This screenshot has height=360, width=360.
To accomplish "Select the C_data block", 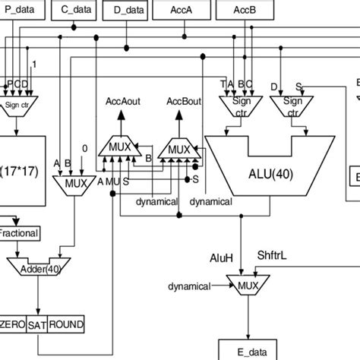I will (x=76, y=9).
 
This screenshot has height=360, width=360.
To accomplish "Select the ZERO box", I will (x=13, y=324).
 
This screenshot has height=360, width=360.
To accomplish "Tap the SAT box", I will (x=38, y=324).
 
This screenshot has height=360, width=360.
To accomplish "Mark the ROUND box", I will (x=67, y=324).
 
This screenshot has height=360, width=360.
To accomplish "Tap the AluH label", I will (x=221, y=258).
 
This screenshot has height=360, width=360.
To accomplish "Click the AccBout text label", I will (x=178, y=100).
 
